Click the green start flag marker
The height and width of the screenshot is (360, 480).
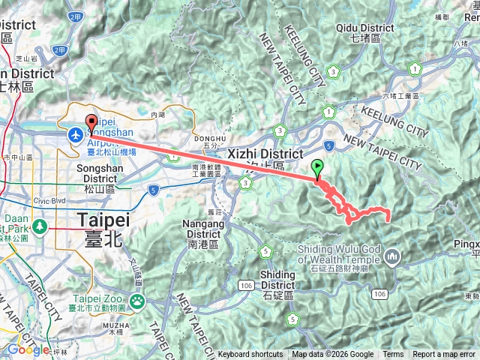pyautogui.click(x=318, y=168)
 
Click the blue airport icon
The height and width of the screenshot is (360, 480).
pyautogui.click(x=76, y=134)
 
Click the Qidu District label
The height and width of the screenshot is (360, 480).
pyautogui.click(x=366, y=28)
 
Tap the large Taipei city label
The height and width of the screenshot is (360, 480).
pyautogui.click(x=103, y=221)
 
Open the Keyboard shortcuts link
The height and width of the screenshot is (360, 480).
pyautogui.click(x=250, y=355)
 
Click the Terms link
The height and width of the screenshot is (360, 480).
pyautogui.click(x=393, y=355)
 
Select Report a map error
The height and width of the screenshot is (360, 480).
pyautogui.click(x=445, y=355)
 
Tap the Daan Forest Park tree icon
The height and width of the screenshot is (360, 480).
pyautogui.click(x=35, y=227)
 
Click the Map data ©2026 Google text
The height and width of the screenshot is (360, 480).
pyautogui.click(x=332, y=355)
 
